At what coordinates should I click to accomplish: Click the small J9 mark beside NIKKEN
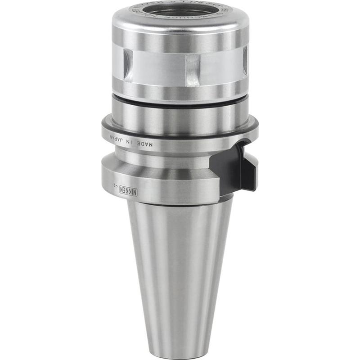coord(116,185)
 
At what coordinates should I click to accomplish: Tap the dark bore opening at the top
coord(180,12)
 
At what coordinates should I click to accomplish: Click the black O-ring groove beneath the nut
coord(180,105)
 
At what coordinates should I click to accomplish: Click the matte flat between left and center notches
coord(157,67)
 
